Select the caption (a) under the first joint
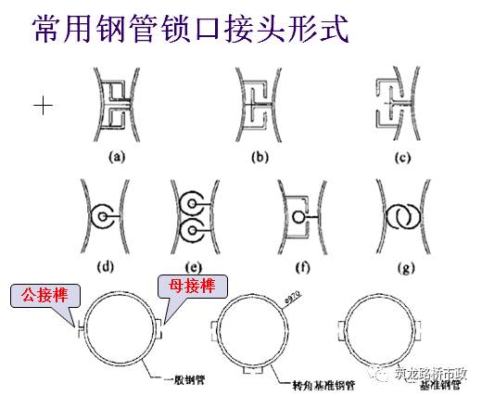[x=118, y=157]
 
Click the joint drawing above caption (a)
[x=117, y=106]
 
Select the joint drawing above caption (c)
[x=400, y=106]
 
